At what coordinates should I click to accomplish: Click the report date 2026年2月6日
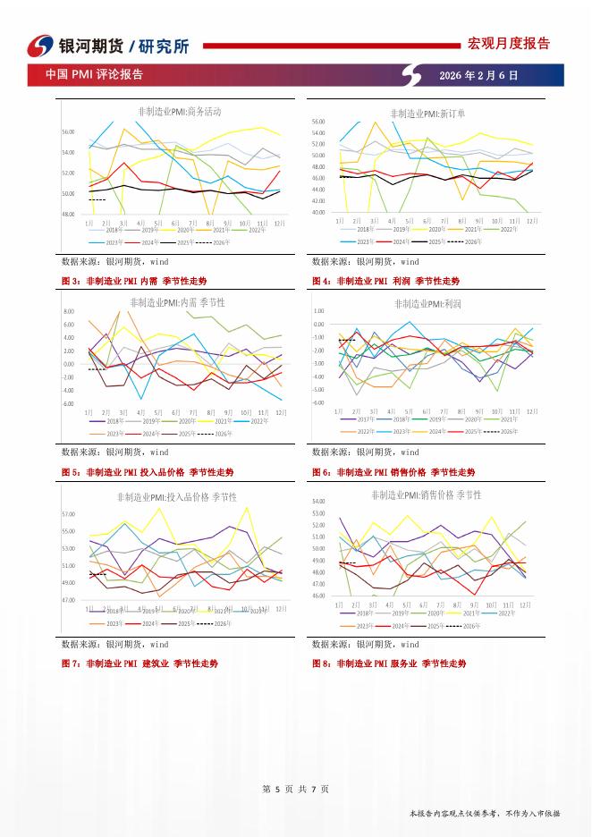click(478, 76)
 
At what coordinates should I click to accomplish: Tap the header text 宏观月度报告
click(509, 43)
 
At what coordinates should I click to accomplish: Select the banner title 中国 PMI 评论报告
click(95, 76)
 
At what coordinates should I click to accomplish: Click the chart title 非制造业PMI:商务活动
click(180, 112)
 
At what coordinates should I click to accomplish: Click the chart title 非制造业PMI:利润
click(427, 304)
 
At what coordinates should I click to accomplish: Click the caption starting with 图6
click(393, 472)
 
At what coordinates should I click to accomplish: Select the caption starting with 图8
click(389, 664)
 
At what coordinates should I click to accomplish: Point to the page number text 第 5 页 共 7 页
click(295, 789)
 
